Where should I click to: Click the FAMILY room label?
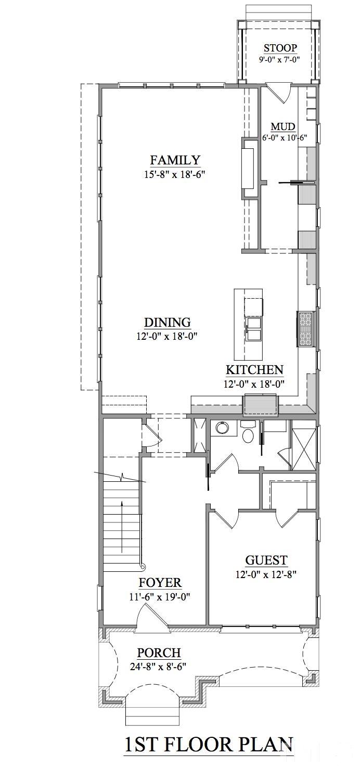click(x=175, y=160)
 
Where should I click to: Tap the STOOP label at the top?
click(x=280, y=48)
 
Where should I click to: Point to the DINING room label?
click(x=167, y=323)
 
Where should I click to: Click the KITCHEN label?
click(x=254, y=370)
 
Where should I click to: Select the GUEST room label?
click(x=266, y=560)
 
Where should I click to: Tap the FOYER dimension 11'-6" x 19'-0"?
click(x=160, y=597)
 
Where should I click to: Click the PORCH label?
click(x=159, y=652)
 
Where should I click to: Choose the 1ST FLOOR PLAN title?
click(x=209, y=745)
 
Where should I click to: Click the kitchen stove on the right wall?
click(x=304, y=328)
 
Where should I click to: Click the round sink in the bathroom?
click(x=223, y=428)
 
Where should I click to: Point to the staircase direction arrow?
click(x=122, y=526)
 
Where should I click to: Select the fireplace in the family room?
click(x=248, y=168)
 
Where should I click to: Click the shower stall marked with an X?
click(x=303, y=449)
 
